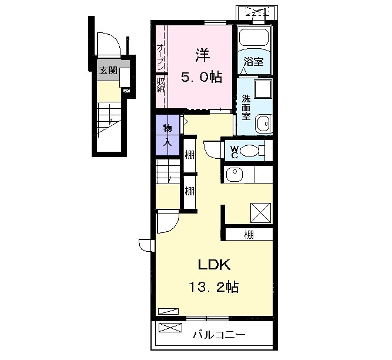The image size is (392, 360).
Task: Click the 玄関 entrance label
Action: point(108,71)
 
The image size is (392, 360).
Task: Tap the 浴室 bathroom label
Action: point(253,62)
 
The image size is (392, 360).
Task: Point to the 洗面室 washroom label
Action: point(246,107)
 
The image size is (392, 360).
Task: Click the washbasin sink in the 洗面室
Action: point(263,124)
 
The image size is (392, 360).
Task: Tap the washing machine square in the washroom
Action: point(263,89)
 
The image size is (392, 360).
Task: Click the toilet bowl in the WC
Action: point(249,151)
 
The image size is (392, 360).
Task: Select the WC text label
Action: point(234,152)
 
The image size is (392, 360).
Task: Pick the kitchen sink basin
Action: point(234,174)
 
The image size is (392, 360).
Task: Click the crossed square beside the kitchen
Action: point(261,213)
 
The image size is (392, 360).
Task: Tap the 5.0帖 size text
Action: point(202,77)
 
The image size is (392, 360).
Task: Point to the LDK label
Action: point(214,265)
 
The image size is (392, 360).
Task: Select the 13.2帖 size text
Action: point(214,286)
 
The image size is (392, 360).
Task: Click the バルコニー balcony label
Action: point(219,335)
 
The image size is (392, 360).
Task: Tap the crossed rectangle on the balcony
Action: point(170,328)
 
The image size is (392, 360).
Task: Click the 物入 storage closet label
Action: point(167,135)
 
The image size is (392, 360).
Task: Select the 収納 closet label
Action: point(160,85)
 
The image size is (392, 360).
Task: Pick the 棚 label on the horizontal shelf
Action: point(249,235)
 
